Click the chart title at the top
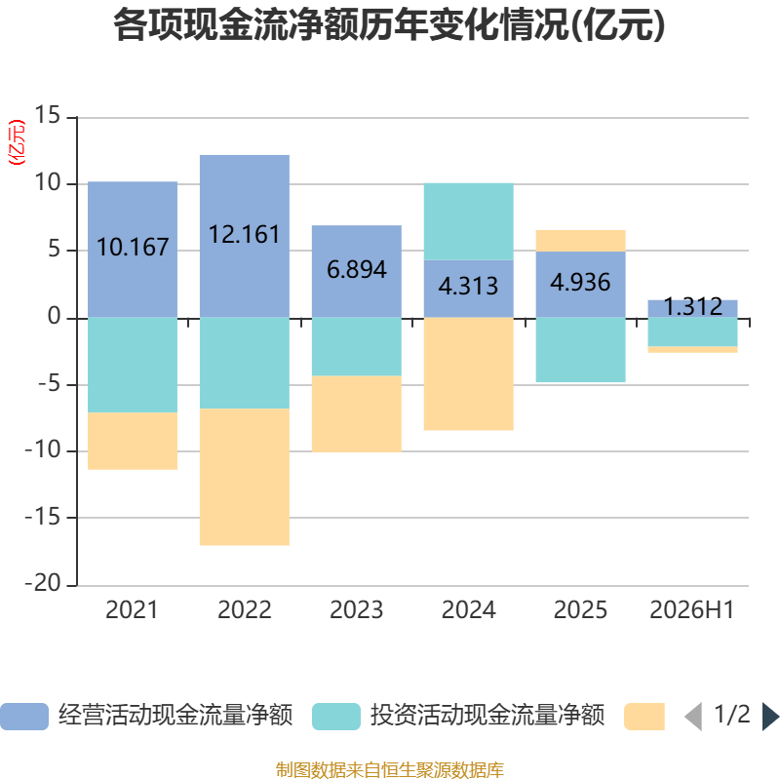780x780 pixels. (x=389, y=25)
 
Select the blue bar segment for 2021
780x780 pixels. (x=133, y=250)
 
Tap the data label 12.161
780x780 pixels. (x=244, y=234)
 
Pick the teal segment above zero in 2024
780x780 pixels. (x=469, y=221)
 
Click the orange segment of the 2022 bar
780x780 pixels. (x=245, y=477)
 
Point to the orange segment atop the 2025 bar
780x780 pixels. (x=580, y=241)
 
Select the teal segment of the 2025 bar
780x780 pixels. (x=580, y=350)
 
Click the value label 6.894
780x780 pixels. (x=357, y=270)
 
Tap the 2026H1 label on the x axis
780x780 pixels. (x=692, y=610)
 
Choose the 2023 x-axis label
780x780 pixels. (x=356, y=610)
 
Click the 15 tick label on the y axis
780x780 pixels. (x=47, y=115)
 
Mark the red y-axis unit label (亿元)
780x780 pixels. (x=17, y=142)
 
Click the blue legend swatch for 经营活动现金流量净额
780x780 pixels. (x=24, y=717)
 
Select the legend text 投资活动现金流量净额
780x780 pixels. (x=487, y=716)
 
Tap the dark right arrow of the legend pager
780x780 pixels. (x=770, y=717)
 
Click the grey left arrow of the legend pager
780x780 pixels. (x=693, y=717)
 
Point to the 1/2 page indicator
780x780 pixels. (x=732, y=715)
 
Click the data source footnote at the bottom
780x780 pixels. (x=389, y=769)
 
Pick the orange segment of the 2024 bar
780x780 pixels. (x=469, y=373)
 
